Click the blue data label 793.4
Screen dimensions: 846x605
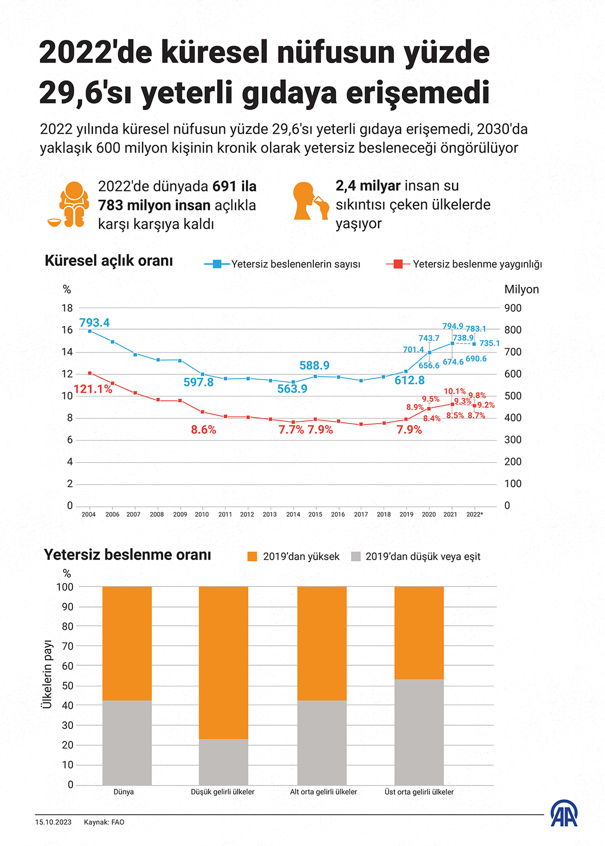click(x=94, y=323)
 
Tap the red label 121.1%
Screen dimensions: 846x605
click(x=93, y=389)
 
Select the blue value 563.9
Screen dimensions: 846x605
click(x=292, y=389)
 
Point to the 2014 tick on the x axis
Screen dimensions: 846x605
click(x=293, y=514)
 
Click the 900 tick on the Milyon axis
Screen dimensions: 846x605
click(x=513, y=308)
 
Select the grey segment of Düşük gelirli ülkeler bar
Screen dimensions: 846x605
click(x=223, y=761)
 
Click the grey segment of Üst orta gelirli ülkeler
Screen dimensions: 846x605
click(x=419, y=732)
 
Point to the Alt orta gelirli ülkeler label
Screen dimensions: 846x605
click(x=323, y=792)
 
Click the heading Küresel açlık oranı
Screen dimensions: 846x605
click(x=109, y=261)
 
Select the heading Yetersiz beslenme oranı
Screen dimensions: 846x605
click(x=127, y=555)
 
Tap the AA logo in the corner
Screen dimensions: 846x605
click(x=563, y=814)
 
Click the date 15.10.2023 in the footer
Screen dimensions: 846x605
click(x=53, y=822)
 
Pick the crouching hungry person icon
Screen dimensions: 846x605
click(x=71, y=204)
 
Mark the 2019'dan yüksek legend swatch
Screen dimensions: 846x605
click(x=252, y=557)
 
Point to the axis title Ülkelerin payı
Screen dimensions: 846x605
click(x=48, y=674)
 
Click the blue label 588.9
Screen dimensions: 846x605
click(x=314, y=366)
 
